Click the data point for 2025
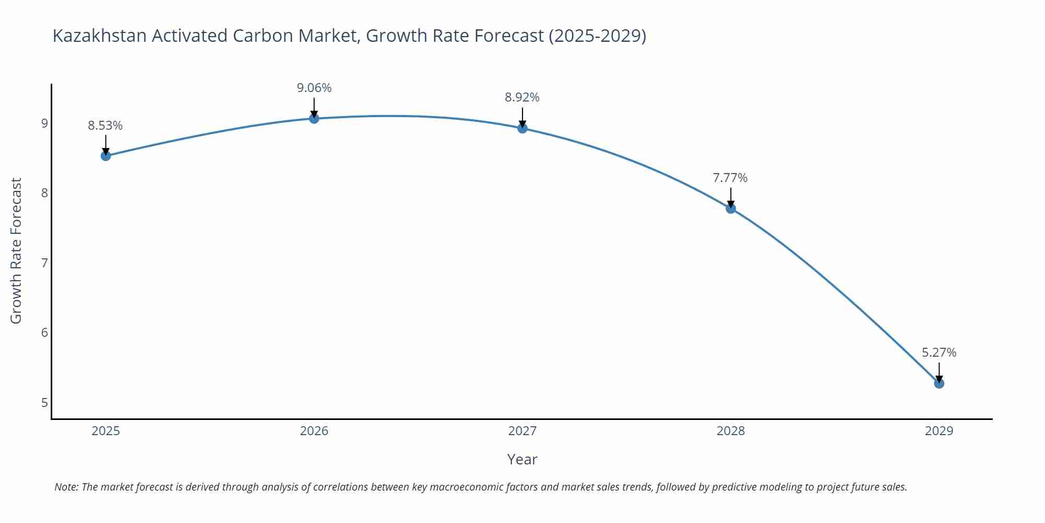click(x=106, y=155)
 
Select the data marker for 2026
click(x=314, y=119)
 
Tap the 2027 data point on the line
click(x=522, y=128)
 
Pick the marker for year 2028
click(x=730, y=208)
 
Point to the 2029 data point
click(x=939, y=383)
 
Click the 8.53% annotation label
click(x=105, y=126)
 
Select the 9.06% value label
click(x=314, y=88)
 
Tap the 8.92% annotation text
click(x=522, y=97)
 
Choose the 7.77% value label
click(x=730, y=178)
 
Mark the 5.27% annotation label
click(x=939, y=353)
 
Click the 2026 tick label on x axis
click(x=314, y=431)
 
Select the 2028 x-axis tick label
click(x=730, y=431)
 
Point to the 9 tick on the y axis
click(x=44, y=123)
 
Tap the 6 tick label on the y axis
click(x=44, y=333)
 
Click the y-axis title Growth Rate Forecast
click(x=16, y=251)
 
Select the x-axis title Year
click(x=522, y=459)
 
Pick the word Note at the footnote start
click(x=66, y=487)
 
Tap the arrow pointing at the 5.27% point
click(x=939, y=372)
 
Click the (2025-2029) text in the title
click(x=597, y=36)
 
